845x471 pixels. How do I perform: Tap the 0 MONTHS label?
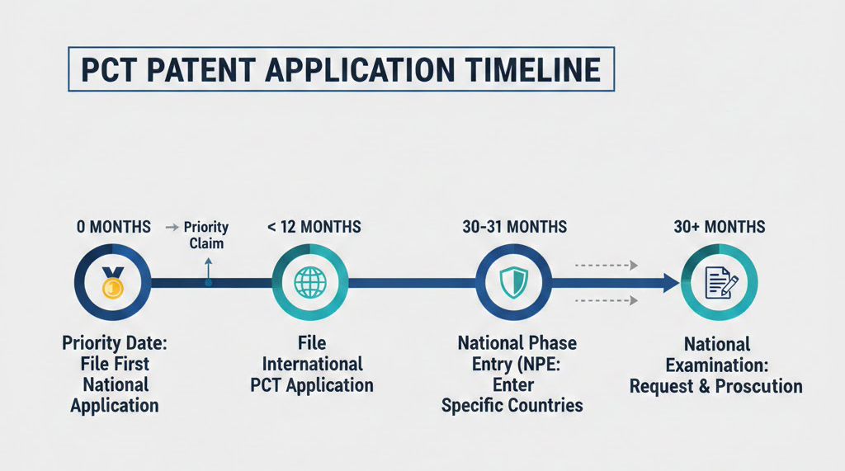point(114,227)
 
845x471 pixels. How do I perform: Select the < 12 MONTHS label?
point(314,227)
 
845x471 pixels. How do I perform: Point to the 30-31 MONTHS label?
point(515,227)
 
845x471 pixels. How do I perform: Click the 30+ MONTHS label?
point(720,227)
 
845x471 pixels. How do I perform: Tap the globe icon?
point(310,282)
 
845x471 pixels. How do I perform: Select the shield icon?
point(513,283)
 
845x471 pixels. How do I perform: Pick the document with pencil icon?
point(721,283)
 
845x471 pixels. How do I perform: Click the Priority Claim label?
point(206,235)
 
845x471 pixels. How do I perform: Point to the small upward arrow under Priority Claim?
point(209,271)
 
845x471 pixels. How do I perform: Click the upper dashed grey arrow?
point(607,265)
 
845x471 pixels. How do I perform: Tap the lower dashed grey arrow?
point(607,300)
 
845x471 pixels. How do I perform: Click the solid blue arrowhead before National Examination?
point(672,283)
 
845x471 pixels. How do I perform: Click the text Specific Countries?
point(512,405)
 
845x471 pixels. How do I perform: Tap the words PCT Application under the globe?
point(312,385)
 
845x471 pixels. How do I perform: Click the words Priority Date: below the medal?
point(115,343)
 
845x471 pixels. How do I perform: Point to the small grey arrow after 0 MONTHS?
point(172,228)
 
